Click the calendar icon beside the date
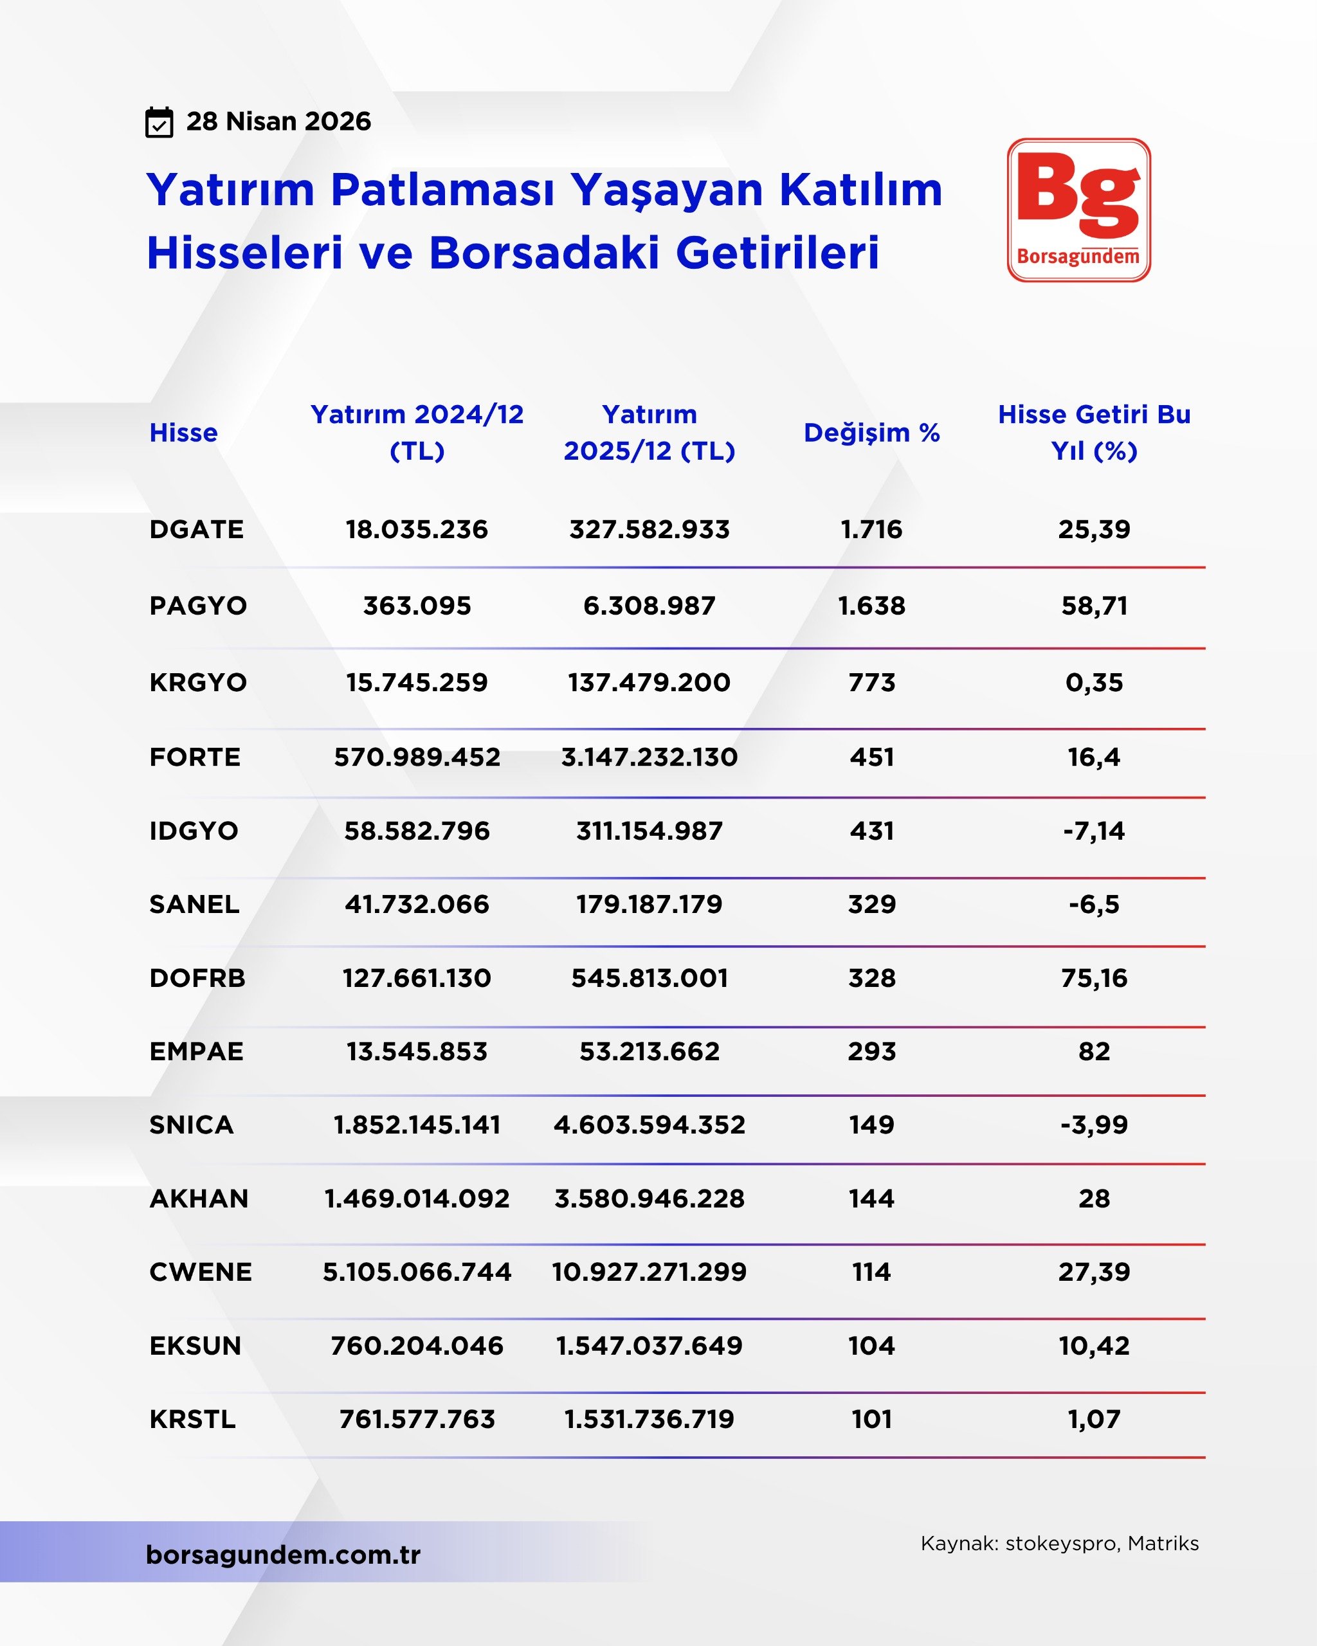[159, 122]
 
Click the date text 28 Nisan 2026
[278, 122]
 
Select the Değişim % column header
[871, 433]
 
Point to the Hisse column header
[183, 433]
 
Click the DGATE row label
[196, 529]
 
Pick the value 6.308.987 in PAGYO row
[649, 606]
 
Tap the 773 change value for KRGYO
[871, 682]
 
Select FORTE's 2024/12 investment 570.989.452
[417, 757]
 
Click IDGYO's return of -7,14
[1093, 831]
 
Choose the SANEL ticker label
[194, 904]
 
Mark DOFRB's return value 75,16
[1093, 978]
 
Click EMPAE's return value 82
[1093, 1051]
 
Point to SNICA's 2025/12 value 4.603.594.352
[649, 1125]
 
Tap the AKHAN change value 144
[871, 1198]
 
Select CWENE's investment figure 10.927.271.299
[649, 1272]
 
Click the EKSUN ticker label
[195, 1345]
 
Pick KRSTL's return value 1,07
[1093, 1419]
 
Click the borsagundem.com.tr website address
[283, 1555]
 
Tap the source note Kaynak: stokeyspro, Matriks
[1059, 1543]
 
